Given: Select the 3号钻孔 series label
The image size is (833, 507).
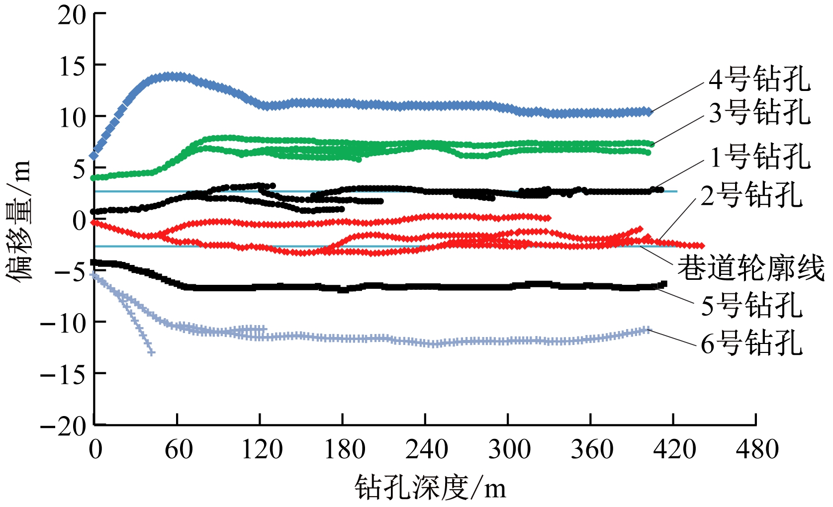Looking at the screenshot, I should pos(759,112).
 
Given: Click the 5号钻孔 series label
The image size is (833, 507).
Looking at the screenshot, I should pos(751,305).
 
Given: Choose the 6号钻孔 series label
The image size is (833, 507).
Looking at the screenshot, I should pos(751,343).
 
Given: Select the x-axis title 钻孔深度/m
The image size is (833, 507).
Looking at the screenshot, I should pos(430,487).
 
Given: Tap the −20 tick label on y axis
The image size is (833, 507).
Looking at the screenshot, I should pos(63,426).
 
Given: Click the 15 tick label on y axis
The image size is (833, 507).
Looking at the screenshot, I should pos(72,66).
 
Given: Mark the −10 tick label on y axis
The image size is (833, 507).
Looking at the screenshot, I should pos(63,323).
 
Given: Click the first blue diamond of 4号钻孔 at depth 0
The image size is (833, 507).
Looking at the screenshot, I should pos(94,156).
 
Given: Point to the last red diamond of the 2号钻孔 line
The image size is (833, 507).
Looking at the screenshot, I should pos(701,246).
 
